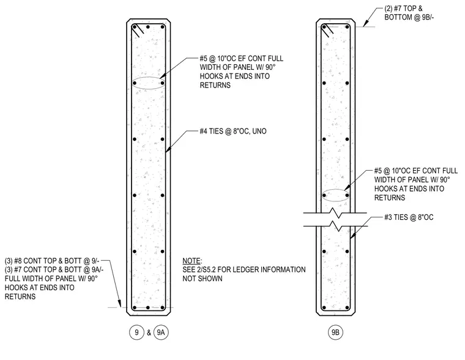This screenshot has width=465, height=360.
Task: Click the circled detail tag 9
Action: pyautogui.click(x=136, y=332)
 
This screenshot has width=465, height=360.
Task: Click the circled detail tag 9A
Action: pyautogui.click(x=161, y=332)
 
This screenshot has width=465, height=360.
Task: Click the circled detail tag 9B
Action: pyautogui.click(x=335, y=332)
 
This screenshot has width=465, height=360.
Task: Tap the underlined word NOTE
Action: pyautogui.click(x=192, y=261)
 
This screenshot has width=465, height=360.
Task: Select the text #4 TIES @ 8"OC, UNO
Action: pyautogui.click(x=233, y=131)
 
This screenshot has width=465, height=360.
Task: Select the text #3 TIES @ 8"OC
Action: pyautogui.click(x=409, y=217)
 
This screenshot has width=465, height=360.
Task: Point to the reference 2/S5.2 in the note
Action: pyautogui.click(x=212, y=270)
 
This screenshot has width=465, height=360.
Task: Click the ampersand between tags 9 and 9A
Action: pyautogui.click(x=149, y=332)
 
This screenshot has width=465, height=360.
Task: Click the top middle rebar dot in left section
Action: pyautogui.click(x=148, y=27)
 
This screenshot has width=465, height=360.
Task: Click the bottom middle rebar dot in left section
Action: pyautogui.click(x=148, y=308)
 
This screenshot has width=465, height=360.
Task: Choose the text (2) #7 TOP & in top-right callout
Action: pyautogui.click(x=403, y=9)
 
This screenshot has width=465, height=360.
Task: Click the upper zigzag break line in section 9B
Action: pyautogui.click(x=335, y=212)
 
